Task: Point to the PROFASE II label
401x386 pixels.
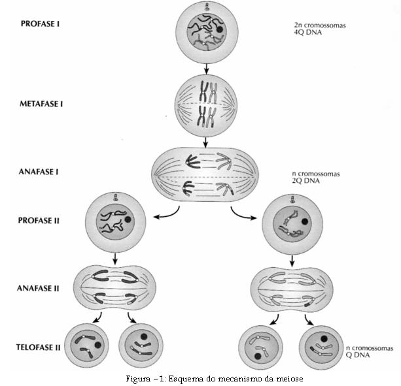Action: click(x=40, y=221)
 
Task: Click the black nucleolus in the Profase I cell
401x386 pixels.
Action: click(x=220, y=29)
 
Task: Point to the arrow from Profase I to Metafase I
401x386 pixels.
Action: click(x=206, y=66)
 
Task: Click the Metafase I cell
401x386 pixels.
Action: click(x=206, y=105)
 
